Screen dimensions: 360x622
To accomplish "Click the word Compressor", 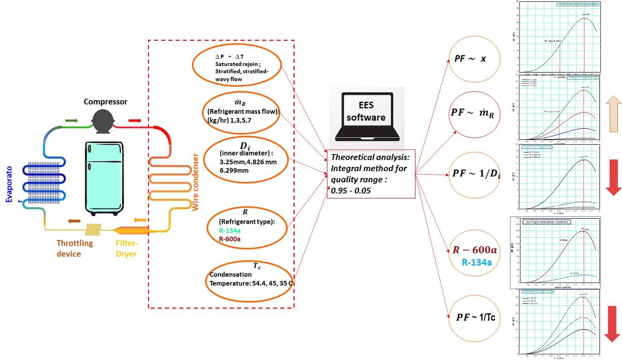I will coord(105,102).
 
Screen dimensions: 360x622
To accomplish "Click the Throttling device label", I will coord(75,249).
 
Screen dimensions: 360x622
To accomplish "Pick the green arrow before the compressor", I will coord(71,121).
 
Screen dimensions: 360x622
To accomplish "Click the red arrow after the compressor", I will coord(134,121).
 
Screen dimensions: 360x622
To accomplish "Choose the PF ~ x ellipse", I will coord(474,59).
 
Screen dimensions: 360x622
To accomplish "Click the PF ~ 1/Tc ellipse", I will coord(475,317).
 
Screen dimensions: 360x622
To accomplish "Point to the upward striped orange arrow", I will coord(611,114).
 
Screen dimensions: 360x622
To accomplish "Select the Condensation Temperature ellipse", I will coord(248,279).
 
